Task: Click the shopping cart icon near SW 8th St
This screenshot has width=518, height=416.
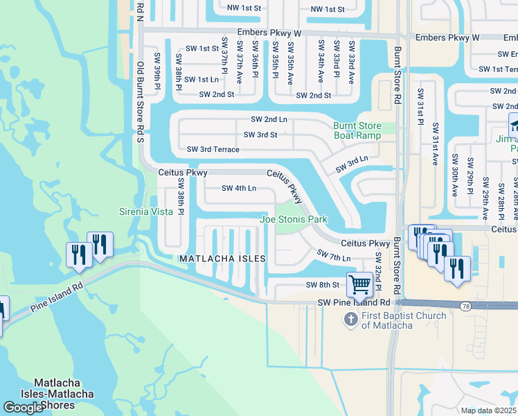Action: click(359, 284)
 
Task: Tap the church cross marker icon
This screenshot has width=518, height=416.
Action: click(352, 318)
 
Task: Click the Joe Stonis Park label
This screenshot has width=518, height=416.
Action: click(293, 219)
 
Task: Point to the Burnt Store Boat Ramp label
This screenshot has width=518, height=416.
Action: click(357, 130)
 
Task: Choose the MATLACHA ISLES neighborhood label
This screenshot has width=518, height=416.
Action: click(222, 259)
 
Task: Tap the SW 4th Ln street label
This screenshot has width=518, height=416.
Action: click(239, 188)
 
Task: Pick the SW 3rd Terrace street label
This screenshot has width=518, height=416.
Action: click(213, 149)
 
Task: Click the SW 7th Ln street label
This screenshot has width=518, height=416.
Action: click(333, 257)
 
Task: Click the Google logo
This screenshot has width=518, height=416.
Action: click(23, 408)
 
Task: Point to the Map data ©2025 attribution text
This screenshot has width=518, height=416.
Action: click(488, 410)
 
